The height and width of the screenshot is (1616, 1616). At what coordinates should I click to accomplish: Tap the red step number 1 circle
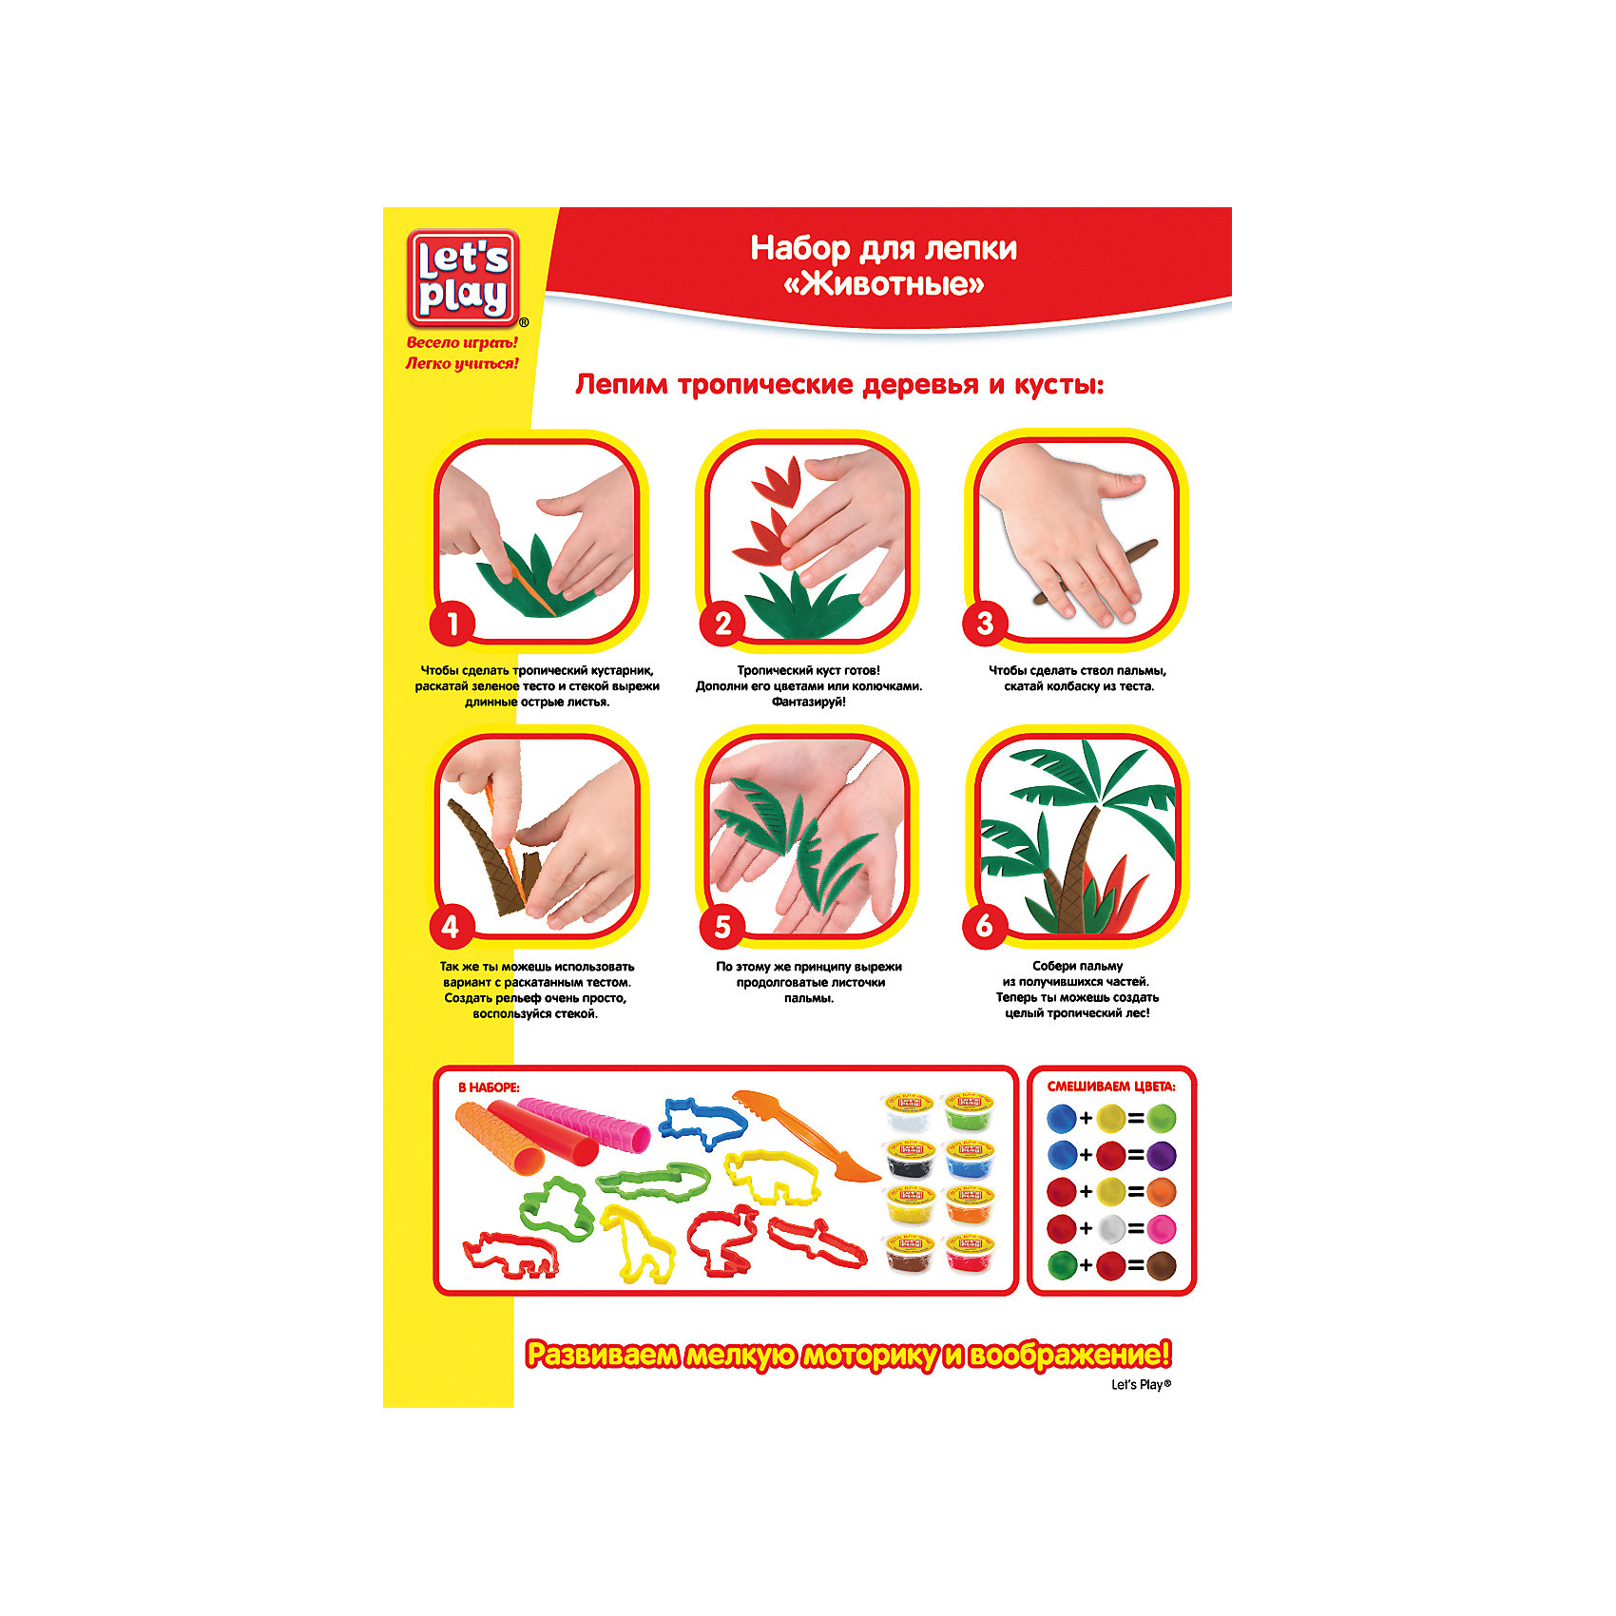pos(452,624)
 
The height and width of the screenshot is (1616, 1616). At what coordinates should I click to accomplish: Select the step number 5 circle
pos(722,926)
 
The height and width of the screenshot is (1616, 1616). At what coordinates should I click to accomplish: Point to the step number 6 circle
pos(985,925)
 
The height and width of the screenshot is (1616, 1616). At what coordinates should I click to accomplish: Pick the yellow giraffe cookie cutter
pos(637,1241)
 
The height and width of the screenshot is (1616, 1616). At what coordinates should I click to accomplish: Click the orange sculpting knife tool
pos(806,1134)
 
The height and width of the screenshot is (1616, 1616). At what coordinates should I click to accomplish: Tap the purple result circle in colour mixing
pos(1161,1156)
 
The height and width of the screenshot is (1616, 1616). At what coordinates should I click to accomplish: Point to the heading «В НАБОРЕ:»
pos(490,1087)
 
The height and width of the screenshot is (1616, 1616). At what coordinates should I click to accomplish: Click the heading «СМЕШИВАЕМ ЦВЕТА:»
pos(1111,1087)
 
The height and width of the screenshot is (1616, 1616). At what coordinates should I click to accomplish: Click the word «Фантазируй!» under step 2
pos(808,702)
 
